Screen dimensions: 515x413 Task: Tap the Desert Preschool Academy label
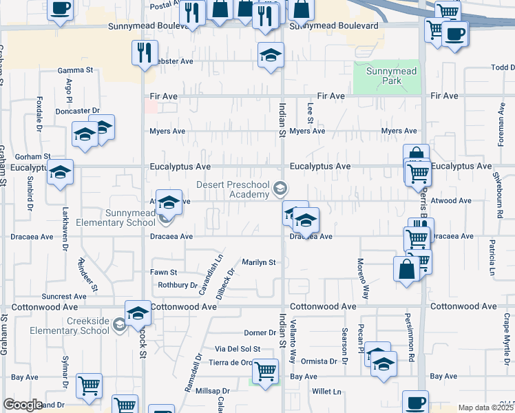(x=235, y=189)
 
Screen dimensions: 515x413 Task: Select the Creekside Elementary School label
(x=87, y=326)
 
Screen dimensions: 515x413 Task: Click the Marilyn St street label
(x=258, y=262)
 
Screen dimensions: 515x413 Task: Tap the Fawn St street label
(x=163, y=273)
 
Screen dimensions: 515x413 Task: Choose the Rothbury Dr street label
(x=178, y=285)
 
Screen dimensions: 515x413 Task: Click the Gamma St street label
(x=75, y=70)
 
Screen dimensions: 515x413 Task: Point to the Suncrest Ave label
(x=65, y=297)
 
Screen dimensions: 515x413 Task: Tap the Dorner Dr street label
(x=260, y=333)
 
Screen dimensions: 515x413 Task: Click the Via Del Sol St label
(x=238, y=349)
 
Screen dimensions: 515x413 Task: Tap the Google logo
(x=23, y=405)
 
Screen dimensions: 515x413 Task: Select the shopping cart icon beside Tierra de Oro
(x=265, y=372)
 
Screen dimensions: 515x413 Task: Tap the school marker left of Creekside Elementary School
(x=138, y=313)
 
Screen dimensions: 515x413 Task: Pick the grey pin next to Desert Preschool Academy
(x=280, y=187)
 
